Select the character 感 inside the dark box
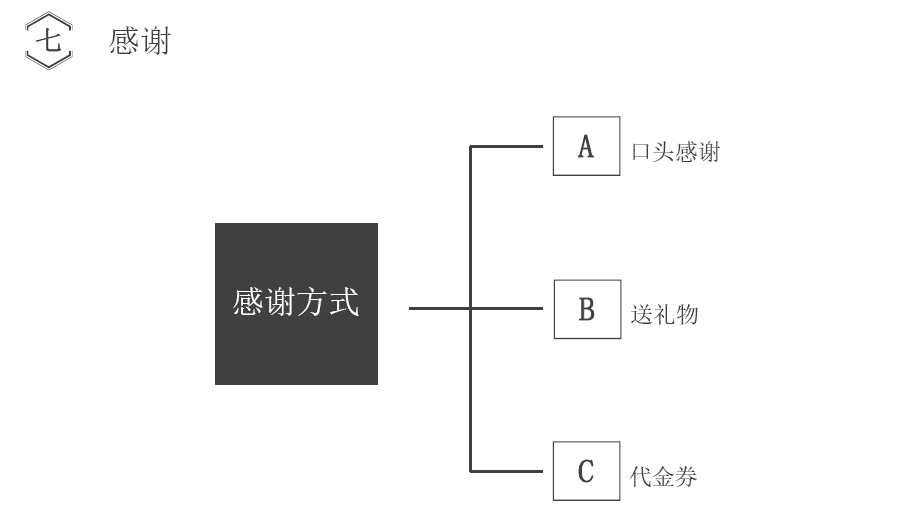tap(248, 303)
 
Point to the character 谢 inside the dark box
tap(280, 303)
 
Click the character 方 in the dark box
tap(312, 303)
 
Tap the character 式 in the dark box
tap(344, 303)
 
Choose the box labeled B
tap(587, 310)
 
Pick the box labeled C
tap(586, 471)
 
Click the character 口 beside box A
tap(642, 153)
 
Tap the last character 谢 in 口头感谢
tap(708, 153)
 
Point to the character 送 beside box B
tap(642, 315)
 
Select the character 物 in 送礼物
tap(687, 315)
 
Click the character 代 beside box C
tap(642, 476)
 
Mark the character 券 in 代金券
tap(687, 476)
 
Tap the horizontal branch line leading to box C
tap(510, 471)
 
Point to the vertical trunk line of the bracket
tap(470, 230)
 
